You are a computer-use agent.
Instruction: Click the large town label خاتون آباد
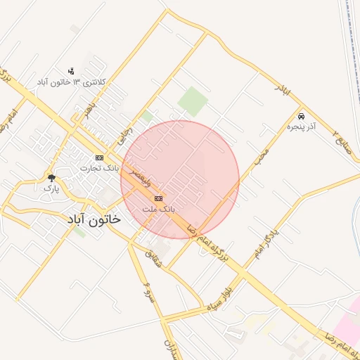click(x=94, y=219)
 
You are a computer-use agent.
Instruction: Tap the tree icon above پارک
click(x=51, y=178)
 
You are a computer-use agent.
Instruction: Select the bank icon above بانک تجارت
click(x=99, y=157)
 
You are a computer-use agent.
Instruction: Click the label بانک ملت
click(x=158, y=209)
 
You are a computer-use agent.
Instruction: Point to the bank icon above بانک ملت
click(x=158, y=199)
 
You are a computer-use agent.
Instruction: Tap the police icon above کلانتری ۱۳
click(x=70, y=72)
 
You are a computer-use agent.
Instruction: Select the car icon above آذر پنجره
click(x=301, y=116)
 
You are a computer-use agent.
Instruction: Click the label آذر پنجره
click(x=301, y=127)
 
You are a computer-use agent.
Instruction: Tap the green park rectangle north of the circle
click(x=193, y=101)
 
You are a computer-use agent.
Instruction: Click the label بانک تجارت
click(x=98, y=168)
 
